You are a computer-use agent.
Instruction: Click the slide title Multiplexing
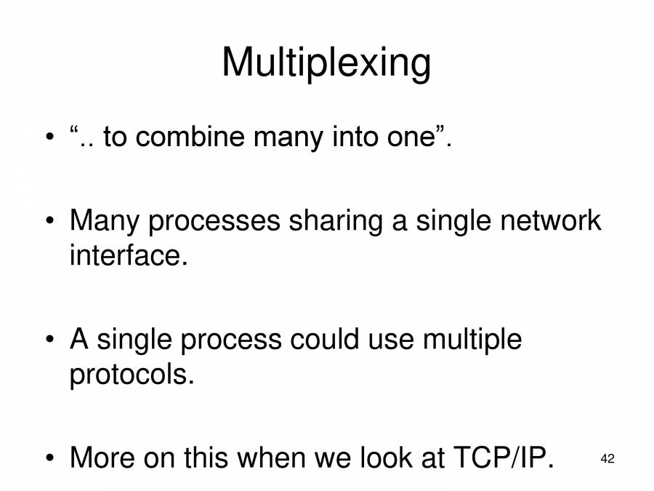[x=326, y=63]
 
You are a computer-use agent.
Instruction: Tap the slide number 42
[x=607, y=459]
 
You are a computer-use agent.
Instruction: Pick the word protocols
[x=132, y=375]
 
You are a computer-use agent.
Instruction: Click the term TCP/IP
[x=502, y=458]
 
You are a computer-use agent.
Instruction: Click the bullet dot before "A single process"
[x=49, y=340]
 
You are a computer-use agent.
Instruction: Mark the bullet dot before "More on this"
[x=49, y=460]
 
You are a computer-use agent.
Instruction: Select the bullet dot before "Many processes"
[x=49, y=221]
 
